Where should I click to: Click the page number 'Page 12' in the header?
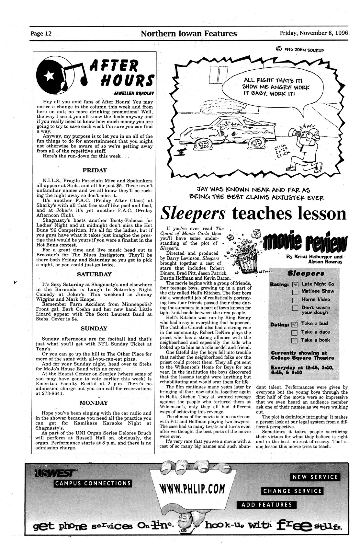[41, 34]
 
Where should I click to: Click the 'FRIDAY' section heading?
[95, 170]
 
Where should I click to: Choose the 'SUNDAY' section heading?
[94, 328]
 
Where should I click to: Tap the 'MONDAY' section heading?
[94, 403]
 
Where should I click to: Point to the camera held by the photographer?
[295, 133]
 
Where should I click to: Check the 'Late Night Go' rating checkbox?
[295, 285]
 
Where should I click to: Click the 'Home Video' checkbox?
[295, 300]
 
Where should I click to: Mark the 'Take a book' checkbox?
[294, 340]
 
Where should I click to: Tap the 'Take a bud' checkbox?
[294, 324]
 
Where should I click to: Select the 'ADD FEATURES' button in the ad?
[267, 505]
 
